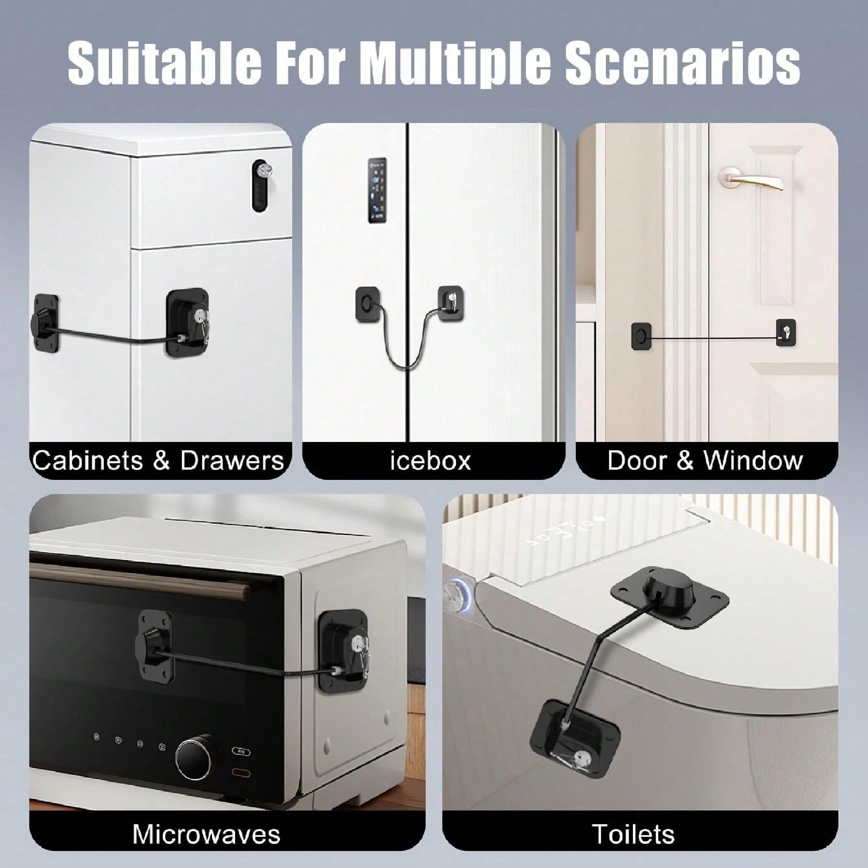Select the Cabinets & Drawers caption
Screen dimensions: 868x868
(158, 460)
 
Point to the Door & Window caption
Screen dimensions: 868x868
(705, 460)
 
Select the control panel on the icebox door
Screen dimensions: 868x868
(377, 190)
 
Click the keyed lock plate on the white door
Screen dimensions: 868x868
(786, 332)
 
